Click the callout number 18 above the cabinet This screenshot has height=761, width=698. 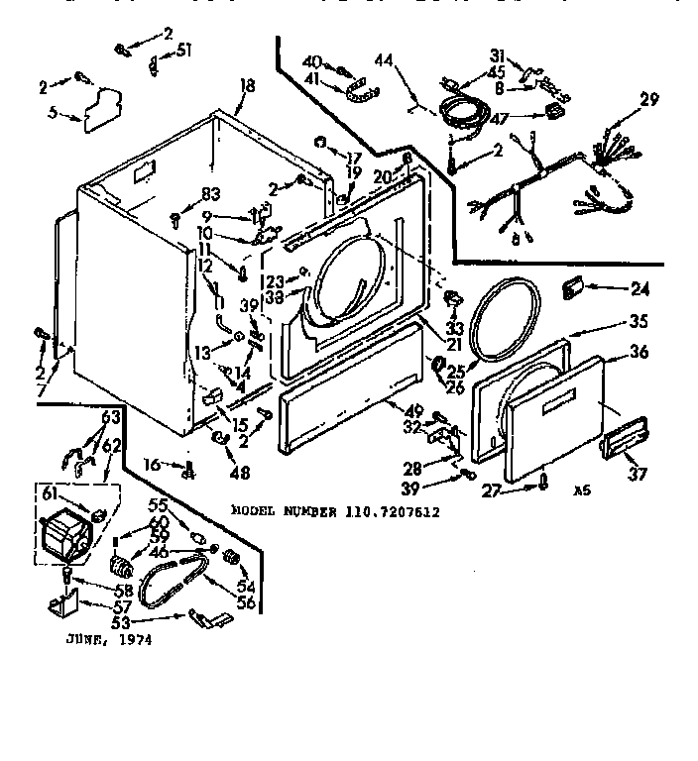pos(247,86)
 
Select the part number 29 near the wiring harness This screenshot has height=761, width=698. pos(649,99)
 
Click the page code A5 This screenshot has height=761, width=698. pos(581,489)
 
